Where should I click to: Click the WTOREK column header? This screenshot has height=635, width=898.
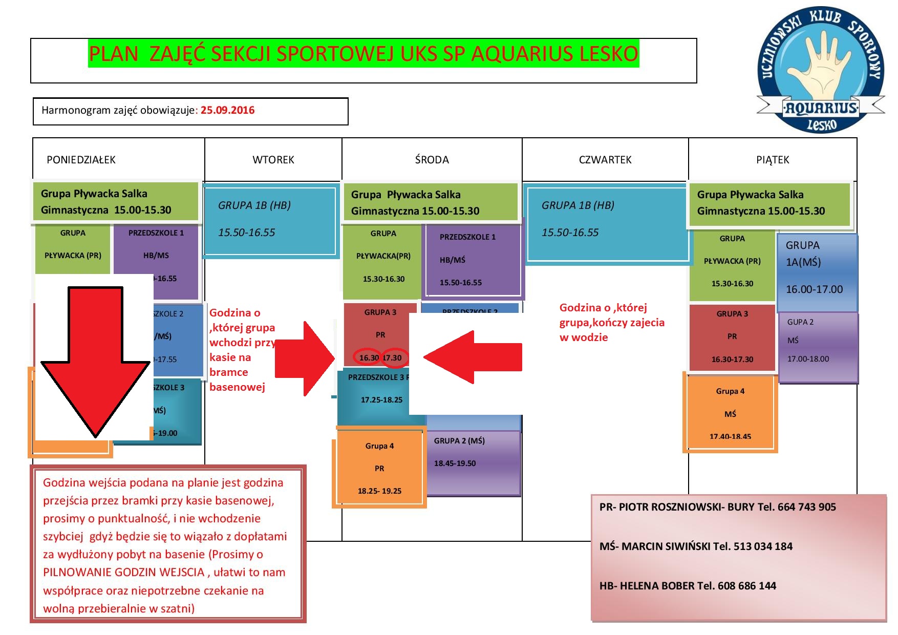pyautogui.click(x=273, y=160)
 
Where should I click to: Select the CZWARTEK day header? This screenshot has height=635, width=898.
pyautogui.click(x=605, y=160)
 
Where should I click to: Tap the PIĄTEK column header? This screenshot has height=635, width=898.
pyautogui.click(x=773, y=160)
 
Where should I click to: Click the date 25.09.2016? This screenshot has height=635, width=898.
pyautogui.click(x=227, y=110)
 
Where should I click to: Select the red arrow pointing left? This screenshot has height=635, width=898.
pyautogui.click(x=471, y=357)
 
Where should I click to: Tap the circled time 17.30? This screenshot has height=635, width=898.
pyautogui.click(x=394, y=357)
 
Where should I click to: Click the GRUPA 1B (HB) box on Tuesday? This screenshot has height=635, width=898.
pyautogui.click(x=270, y=220)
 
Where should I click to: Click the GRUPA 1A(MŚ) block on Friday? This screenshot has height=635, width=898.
pyautogui.click(x=817, y=271)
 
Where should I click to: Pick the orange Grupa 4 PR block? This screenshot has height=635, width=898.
pyautogui.click(x=379, y=468)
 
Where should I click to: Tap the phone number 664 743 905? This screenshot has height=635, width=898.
pyautogui.click(x=806, y=507)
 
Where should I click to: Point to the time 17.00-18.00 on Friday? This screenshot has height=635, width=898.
pyautogui.click(x=808, y=359)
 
